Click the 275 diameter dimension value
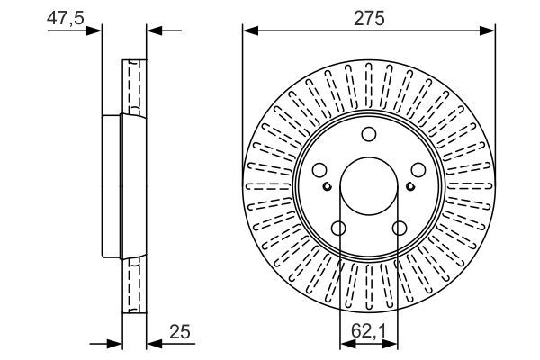click(369, 19)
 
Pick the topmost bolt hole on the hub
click(369, 135)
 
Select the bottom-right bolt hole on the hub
click(399, 229)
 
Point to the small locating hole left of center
click(328, 187)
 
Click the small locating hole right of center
click(410, 187)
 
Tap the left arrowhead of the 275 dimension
click(250, 31)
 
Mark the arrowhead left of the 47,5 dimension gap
click(97, 31)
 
